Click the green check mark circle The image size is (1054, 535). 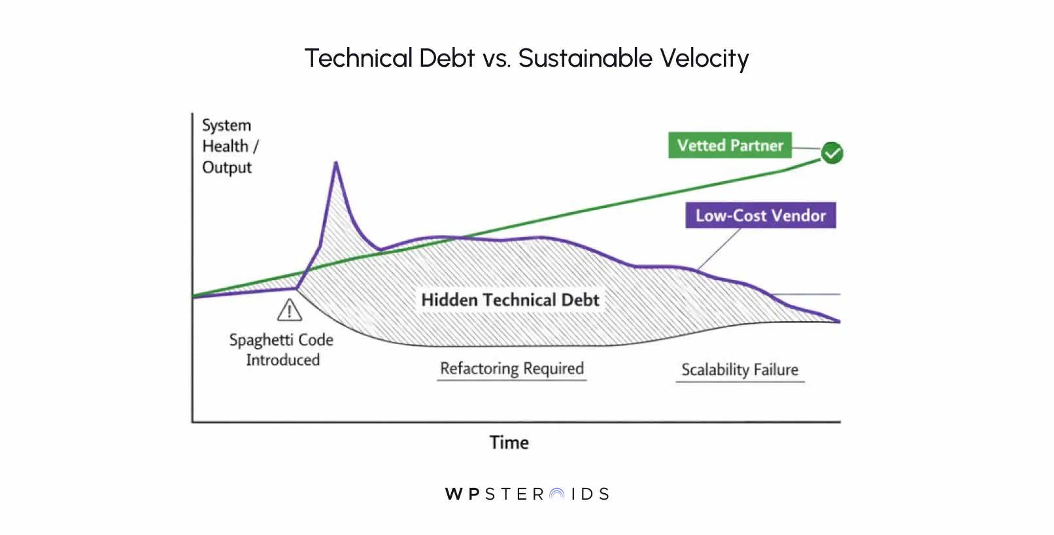[x=832, y=153]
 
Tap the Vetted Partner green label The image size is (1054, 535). [x=730, y=145]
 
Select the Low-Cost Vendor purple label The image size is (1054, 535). [x=760, y=215]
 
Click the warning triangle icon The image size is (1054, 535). [x=290, y=311]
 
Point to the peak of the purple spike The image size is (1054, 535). [x=336, y=163]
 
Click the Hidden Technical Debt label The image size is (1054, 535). [x=510, y=300]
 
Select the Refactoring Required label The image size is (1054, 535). [x=511, y=369]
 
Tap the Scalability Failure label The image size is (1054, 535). [x=739, y=370]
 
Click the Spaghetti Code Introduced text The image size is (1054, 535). [x=282, y=350]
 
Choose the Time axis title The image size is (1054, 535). [x=509, y=443]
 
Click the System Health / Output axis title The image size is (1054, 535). [x=228, y=146]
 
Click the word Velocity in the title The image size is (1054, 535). [x=704, y=58]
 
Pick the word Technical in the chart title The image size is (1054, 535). [x=358, y=58]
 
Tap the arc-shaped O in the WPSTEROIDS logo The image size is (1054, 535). [x=557, y=494]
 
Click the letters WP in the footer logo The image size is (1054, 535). [x=463, y=494]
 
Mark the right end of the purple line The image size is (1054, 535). [x=839, y=321]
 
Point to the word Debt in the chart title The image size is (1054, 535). [x=447, y=58]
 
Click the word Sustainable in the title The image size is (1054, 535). [x=585, y=58]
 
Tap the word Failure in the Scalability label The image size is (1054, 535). [x=775, y=370]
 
